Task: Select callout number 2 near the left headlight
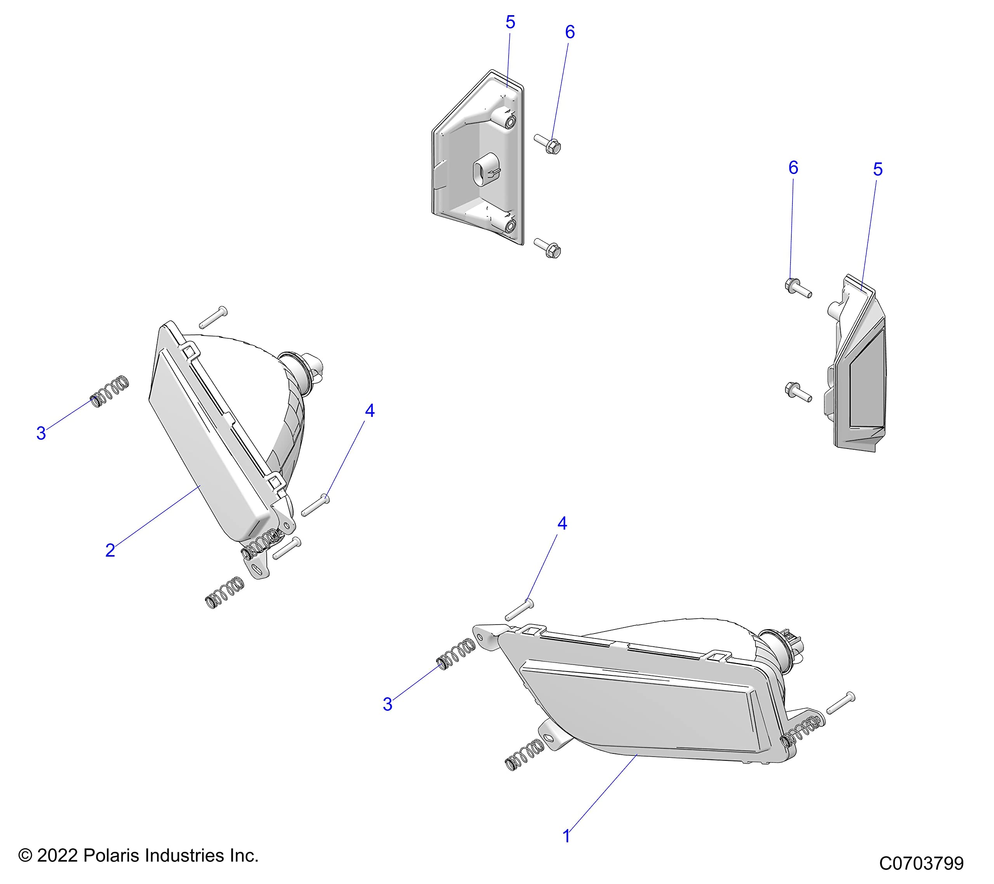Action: [110, 550]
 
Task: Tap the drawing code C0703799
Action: [921, 863]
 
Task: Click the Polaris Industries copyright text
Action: [138, 855]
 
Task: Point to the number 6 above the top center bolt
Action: [570, 32]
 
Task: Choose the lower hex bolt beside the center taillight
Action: [548, 248]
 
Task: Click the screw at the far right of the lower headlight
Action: [841, 703]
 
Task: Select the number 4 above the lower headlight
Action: [562, 524]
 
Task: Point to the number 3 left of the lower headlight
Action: [387, 705]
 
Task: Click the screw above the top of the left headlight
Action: [213, 317]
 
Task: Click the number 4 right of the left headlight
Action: [370, 411]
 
